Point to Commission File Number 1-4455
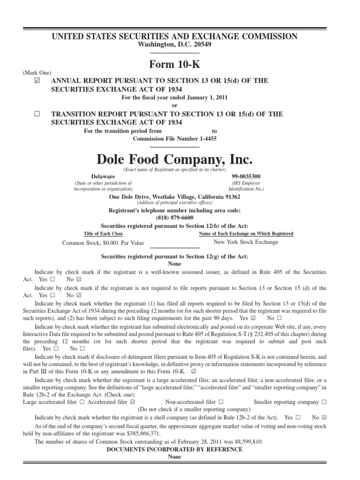click(x=174, y=139)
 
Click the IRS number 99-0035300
click(x=247, y=176)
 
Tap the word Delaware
click(x=103, y=176)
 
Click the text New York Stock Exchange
click(x=246, y=242)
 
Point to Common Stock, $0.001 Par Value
click(x=103, y=243)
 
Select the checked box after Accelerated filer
click(x=133, y=402)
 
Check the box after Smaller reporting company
click(x=324, y=402)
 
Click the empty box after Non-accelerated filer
click(x=220, y=402)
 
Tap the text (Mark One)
click(x=36, y=73)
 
